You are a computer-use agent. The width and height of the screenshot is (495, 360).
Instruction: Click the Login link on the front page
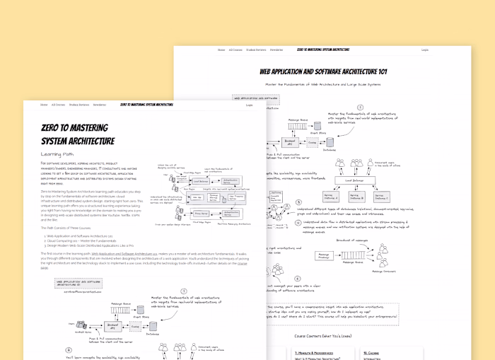(x=249, y=105)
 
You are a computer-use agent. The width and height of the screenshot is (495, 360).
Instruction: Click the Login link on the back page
(x=425, y=50)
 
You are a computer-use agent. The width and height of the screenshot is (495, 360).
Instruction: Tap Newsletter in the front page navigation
(x=99, y=105)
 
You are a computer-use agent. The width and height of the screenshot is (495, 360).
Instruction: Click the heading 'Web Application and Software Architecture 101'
(x=323, y=72)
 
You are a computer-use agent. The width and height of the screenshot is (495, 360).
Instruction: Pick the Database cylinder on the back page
(x=329, y=141)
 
